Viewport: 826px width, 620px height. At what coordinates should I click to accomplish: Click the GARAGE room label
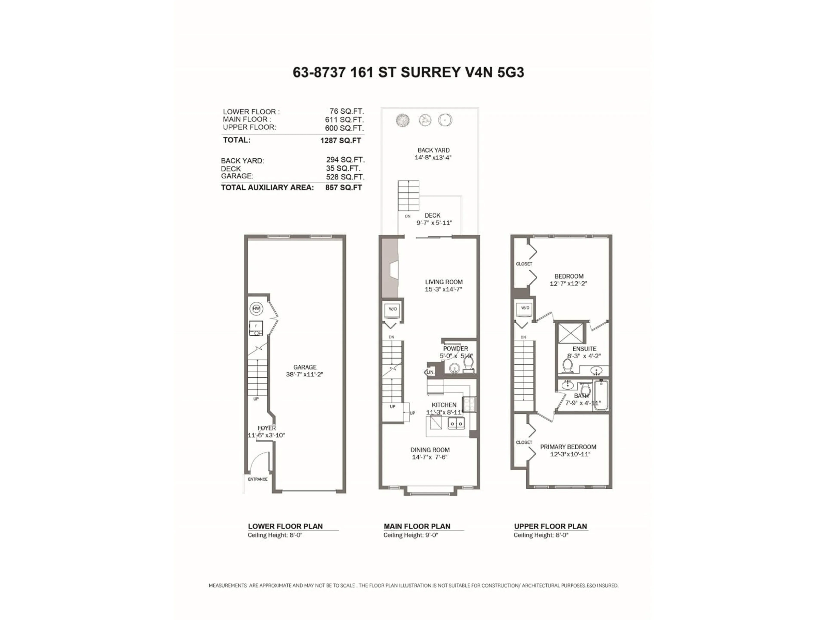coord(305,367)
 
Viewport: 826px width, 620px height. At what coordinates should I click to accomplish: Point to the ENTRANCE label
coord(258,479)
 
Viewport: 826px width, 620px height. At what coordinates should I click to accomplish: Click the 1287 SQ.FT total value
coord(341,141)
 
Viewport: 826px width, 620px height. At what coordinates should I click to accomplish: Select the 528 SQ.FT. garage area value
coord(345,177)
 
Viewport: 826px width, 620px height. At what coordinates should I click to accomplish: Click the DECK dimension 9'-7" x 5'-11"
coord(434,223)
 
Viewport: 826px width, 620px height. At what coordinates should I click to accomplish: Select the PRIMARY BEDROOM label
coord(568,447)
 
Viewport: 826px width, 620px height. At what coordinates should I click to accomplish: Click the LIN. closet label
coord(430,372)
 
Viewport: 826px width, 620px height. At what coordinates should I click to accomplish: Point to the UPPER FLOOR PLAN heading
coord(550,526)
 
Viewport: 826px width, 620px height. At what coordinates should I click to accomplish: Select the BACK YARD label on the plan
coord(433,150)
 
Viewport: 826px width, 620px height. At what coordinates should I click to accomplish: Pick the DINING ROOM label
coord(430,450)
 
